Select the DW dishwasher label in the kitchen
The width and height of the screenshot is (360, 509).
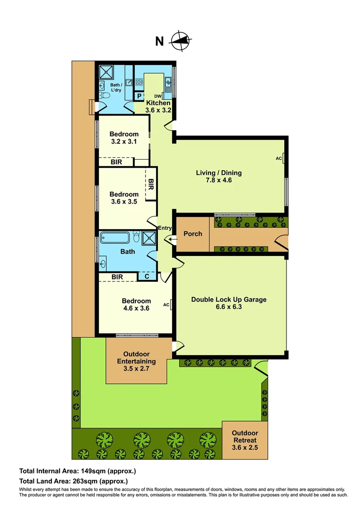[158, 96]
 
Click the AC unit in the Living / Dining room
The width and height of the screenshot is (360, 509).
[284, 158]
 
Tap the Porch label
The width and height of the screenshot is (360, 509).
[193, 234]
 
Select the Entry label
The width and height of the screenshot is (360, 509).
[164, 228]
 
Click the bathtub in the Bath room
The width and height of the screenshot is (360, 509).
[116, 237]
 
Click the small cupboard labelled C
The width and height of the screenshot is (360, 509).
[147, 277]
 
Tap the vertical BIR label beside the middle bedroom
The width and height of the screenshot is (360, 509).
[151, 185]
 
